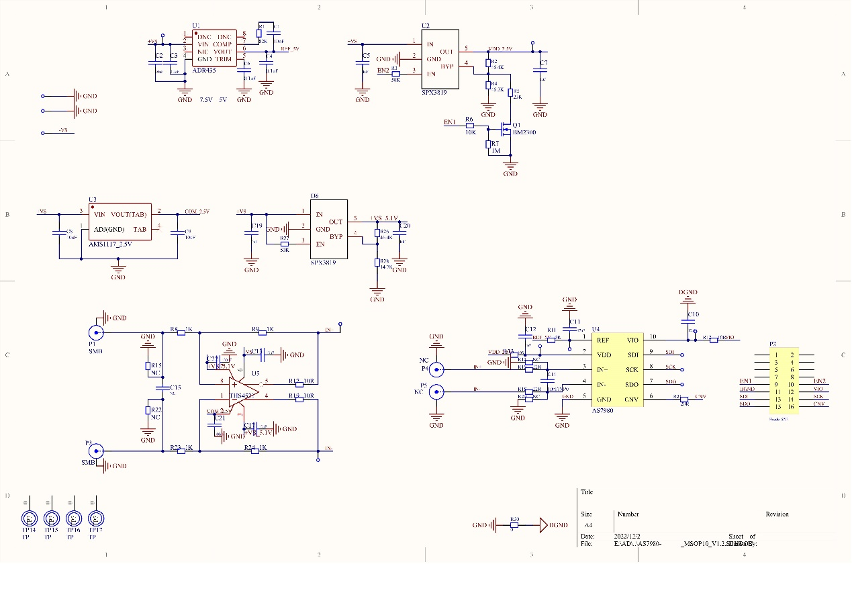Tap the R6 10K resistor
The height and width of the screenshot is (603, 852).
(x=470, y=126)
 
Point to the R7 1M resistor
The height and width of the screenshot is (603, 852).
(x=489, y=144)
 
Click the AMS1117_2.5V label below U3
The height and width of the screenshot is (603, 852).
(x=111, y=244)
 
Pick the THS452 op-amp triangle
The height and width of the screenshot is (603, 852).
(x=243, y=389)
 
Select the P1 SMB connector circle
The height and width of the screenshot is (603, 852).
(x=97, y=332)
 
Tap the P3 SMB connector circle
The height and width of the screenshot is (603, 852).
(x=97, y=451)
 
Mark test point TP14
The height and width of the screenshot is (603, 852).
(x=29, y=519)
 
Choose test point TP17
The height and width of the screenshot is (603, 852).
(x=96, y=519)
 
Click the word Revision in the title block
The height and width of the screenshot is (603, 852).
(x=777, y=514)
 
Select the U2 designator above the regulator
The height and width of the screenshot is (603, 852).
(x=426, y=26)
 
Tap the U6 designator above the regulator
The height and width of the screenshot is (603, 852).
(x=314, y=195)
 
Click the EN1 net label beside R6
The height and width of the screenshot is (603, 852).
(x=450, y=122)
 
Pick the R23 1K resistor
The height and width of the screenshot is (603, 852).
(x=181, y=451)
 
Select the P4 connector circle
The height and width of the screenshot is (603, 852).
(x=437, y=369)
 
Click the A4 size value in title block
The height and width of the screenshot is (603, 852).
(x=588, y=525)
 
